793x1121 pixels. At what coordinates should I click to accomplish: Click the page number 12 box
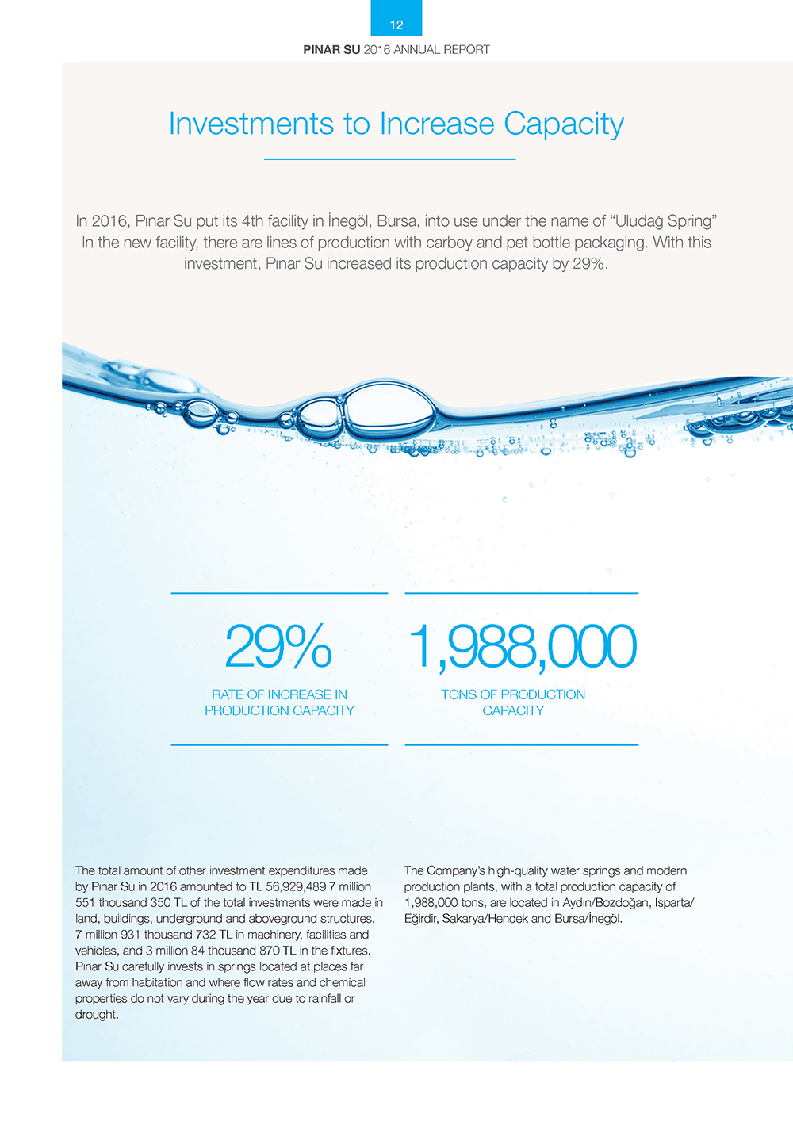click(396, 19)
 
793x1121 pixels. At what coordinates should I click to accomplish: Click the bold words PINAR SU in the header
click(331, 49)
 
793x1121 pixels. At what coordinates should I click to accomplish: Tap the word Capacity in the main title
click(564, 124)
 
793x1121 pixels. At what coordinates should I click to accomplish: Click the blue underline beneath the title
click(389, 159)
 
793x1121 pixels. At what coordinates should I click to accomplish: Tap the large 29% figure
click(278, 646)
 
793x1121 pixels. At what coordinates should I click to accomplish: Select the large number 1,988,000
click(522, 646)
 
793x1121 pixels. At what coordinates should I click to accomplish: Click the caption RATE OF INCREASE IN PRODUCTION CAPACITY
click(279, 702)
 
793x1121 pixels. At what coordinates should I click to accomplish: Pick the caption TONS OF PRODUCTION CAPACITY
click(513, 702)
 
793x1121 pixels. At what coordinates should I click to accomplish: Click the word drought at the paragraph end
click(96, 1015)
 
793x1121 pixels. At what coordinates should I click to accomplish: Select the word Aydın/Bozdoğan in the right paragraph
click(596, 903)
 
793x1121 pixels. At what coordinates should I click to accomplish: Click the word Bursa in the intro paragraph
click(396, 220)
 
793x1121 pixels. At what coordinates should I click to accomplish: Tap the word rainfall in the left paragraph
click(319, 998)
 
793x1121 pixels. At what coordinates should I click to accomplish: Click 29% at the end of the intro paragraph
click(590, 263)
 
